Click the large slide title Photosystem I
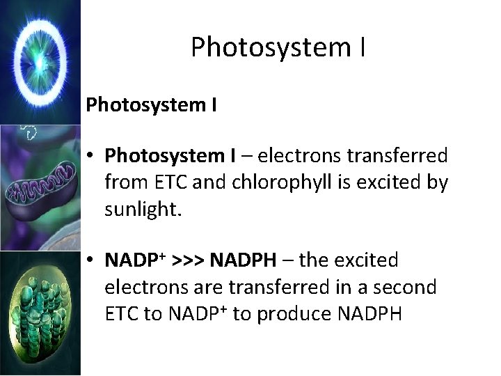pyautogui.click(x=278, y=47)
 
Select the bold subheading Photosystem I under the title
pyautogui.click(x=152, y=106)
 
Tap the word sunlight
pyautogui.click(x=143, y=210)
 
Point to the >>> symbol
pyautogui.click(x=184, y=260)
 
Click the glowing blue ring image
pyautogui.click(x=40, y=61)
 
